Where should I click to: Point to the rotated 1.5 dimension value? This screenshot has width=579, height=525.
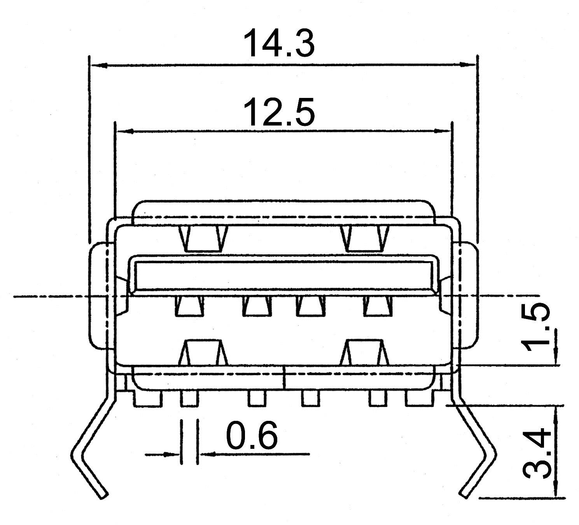[537, 327]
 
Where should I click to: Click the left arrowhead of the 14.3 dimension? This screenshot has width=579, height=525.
[98, 65]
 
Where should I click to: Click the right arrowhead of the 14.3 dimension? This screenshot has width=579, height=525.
[468, 65]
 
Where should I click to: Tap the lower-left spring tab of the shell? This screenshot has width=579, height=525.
[203, 352]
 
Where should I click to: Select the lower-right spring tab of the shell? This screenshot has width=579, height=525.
[365, 352]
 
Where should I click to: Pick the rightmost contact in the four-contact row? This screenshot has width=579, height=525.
[376, 305]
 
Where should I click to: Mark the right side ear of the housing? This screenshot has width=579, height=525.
[469, 295]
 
